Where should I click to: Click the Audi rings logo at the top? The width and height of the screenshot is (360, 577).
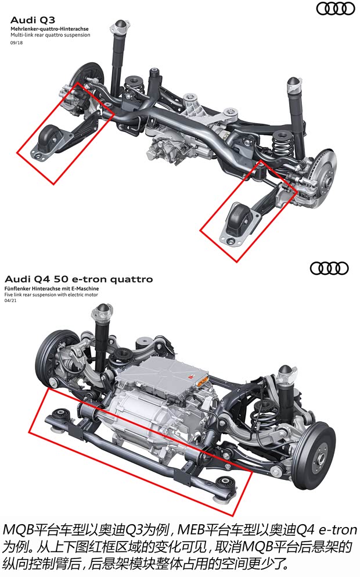pyautogui.click(x=335, y=8)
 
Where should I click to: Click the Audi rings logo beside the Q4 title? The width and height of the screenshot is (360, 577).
pyautogui.click(x=329, y=268)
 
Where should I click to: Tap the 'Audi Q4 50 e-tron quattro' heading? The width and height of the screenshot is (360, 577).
pyautogui.click(x=78, y=279)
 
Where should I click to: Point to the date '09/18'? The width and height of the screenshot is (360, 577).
pyautogui.click(x=16, y=42)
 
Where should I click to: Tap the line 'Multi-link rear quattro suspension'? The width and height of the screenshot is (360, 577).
pyautogui.click(x=51, y=35)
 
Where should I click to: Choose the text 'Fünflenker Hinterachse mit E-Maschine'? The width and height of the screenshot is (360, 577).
pyautogui.click(x=51, y=289)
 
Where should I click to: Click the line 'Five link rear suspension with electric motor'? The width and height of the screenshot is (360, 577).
pyautogui.click(x=51, y=295)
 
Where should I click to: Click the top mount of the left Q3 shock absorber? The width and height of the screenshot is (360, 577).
pyautogui.click(x=120, y=26)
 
